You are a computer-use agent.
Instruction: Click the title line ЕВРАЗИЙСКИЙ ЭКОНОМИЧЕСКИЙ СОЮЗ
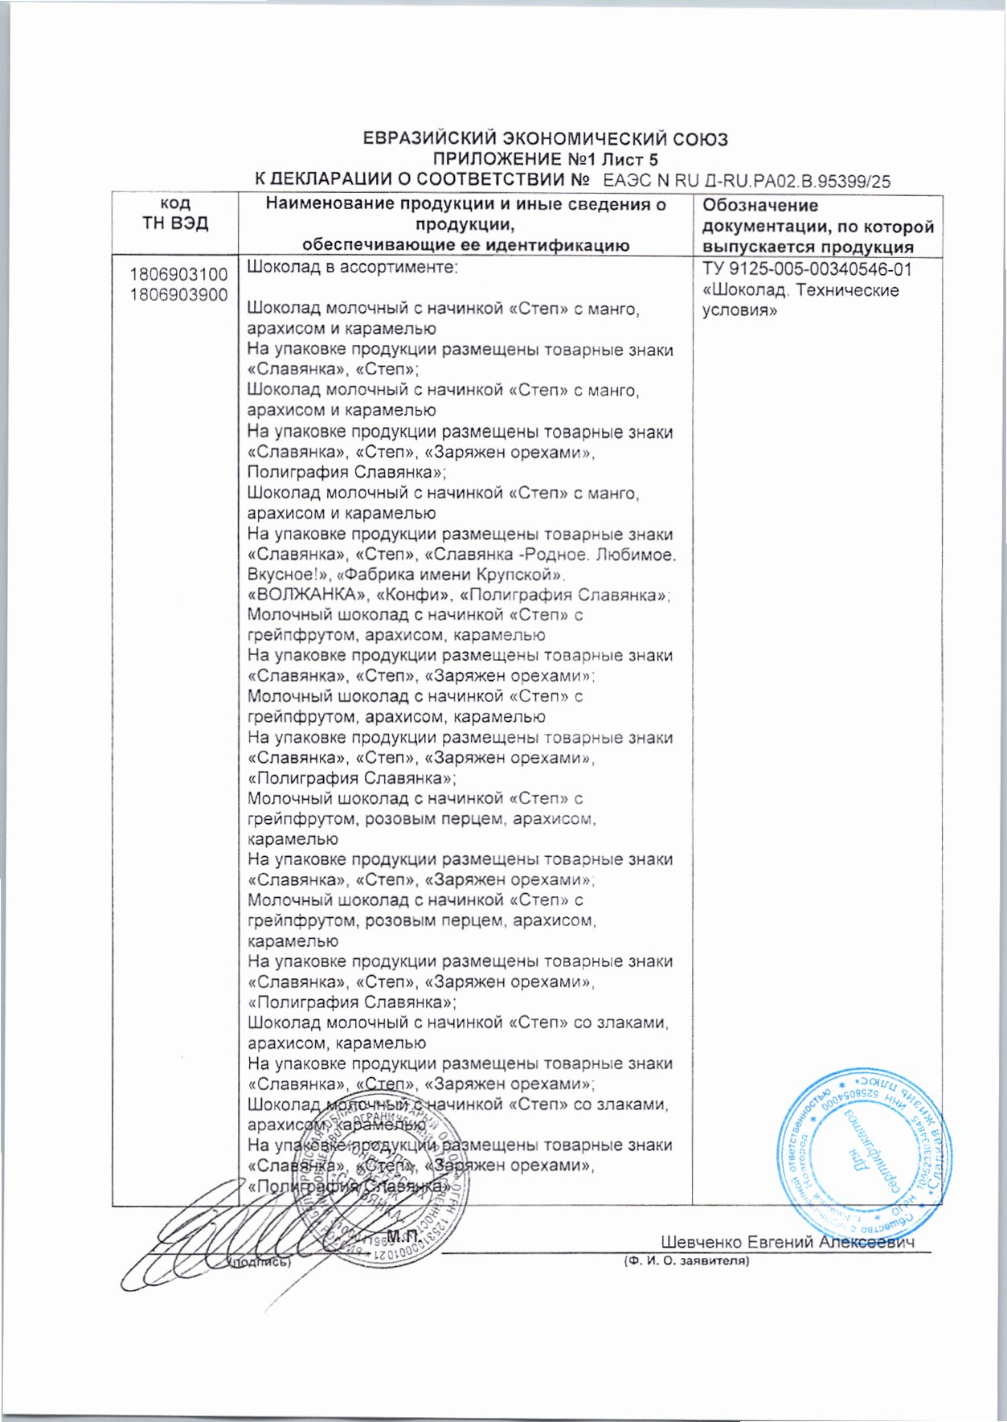(545, 139)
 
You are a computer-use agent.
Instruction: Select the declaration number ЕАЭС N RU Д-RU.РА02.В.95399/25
(747, 182)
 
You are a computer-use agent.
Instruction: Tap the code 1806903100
(178, 276)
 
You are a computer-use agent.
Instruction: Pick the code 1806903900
(178, 295)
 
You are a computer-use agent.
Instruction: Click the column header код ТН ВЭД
(175, 215)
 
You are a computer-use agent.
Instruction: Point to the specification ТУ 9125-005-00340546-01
(807, 269)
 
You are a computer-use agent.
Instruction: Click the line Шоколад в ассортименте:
(352, 267)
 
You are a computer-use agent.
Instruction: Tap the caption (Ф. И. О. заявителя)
(686, 1261)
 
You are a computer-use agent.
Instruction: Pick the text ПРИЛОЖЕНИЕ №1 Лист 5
(545, 160)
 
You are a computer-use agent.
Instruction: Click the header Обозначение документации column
(817, 226)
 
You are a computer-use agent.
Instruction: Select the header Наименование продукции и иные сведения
(466, 205)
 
